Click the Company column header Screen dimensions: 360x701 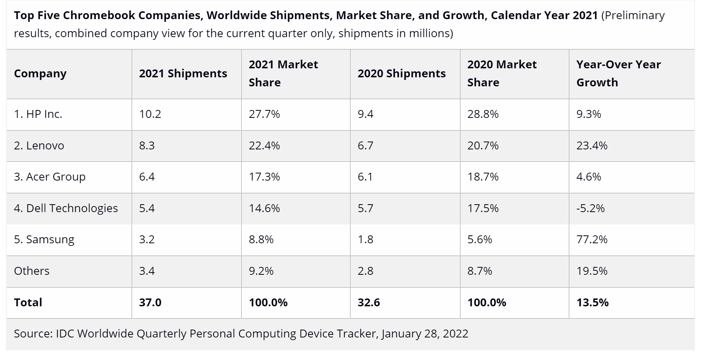(x=40, y=74)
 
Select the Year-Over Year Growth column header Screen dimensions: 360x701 (x=618, y=74)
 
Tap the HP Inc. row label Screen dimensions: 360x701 (x=38, y=114)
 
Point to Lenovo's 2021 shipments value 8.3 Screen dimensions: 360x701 (x=147, y=146)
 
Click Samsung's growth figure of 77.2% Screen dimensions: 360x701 (x=592, y=239)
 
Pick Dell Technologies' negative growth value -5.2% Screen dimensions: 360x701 (x=590, y=208)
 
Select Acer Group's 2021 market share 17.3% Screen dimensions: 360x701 (x=264, y=177)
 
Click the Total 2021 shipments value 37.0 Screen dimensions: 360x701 (x=150, y=303)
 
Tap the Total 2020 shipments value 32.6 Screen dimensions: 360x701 (x=369, y=303)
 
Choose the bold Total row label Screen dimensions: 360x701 (x=28, y=303)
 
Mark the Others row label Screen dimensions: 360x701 (x=32, y=271)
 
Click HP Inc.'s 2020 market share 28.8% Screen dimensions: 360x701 (x=483, y=114)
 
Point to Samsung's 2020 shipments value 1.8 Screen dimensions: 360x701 (x=365, y=239)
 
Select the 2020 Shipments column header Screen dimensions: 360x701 (x=402, y=74)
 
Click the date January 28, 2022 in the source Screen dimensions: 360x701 (x=425, y=334)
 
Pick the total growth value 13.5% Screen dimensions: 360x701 (x=593, y=303)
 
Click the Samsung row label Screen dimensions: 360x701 (x=44, y=239)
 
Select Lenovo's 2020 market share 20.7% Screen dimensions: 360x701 (x=483, y=146)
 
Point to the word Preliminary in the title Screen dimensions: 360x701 (x=635, y=15)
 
